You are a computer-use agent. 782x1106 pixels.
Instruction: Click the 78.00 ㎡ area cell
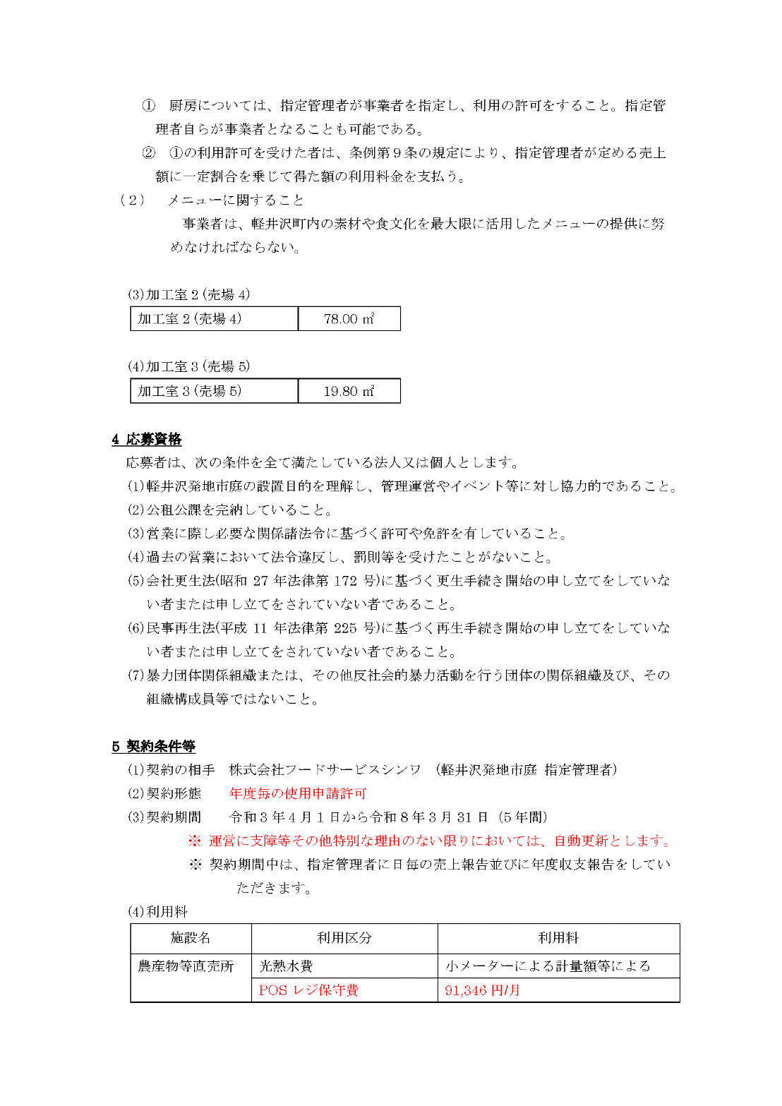pyautogui.click(x=349, y=319)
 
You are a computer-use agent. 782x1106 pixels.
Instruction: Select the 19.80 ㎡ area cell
pyautogui.click(x=349, y=391)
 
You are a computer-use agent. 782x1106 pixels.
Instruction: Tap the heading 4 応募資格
pyautogui.click(x=147, y=439)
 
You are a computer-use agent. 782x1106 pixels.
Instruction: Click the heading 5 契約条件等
pyautogui.click(x=153, y=746)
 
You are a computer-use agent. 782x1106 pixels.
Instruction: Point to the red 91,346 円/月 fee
pyautogui.click(x=482, y=990)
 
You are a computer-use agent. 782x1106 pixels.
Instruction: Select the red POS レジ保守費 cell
pyautogui.click(x=308, y=990)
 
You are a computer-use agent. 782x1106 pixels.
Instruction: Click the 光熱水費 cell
pyautogui.click(x=286, y=966)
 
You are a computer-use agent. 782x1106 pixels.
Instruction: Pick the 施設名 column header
pyautogui.click(x=191, y=938)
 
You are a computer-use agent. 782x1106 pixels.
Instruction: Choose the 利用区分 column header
pyautogui.click(x=344, y=938)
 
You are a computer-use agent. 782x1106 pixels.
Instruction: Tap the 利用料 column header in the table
pyautogui.click(x=558, y=938)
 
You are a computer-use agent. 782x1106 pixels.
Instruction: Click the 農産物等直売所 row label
pyautogui.click(x=186, y=966)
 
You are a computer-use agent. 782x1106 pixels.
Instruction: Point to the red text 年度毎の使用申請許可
pyautogui.click(x=298, y=793)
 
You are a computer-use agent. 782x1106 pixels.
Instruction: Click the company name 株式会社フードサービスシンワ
pyautogui.click(x=325, y=769)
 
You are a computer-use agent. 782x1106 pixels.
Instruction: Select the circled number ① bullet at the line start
pyautogui.click(x=148, y=106)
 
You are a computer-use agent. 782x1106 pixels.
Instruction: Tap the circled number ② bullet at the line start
pyautogui.click(x=148, y=153)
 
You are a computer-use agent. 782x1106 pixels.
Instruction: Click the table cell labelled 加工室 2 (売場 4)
pyautogui.click(x=190, y=319)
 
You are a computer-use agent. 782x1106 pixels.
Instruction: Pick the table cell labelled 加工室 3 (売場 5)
pyautogui.click(x=190, y=391)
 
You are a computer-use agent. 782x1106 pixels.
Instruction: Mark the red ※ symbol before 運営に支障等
pyautogui.click(x=195, y=841)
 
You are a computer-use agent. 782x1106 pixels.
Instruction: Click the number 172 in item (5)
pyautogui.click(x=345, y=581)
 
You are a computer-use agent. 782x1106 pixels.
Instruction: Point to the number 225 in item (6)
pyautogui.click(x=345, y=628)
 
